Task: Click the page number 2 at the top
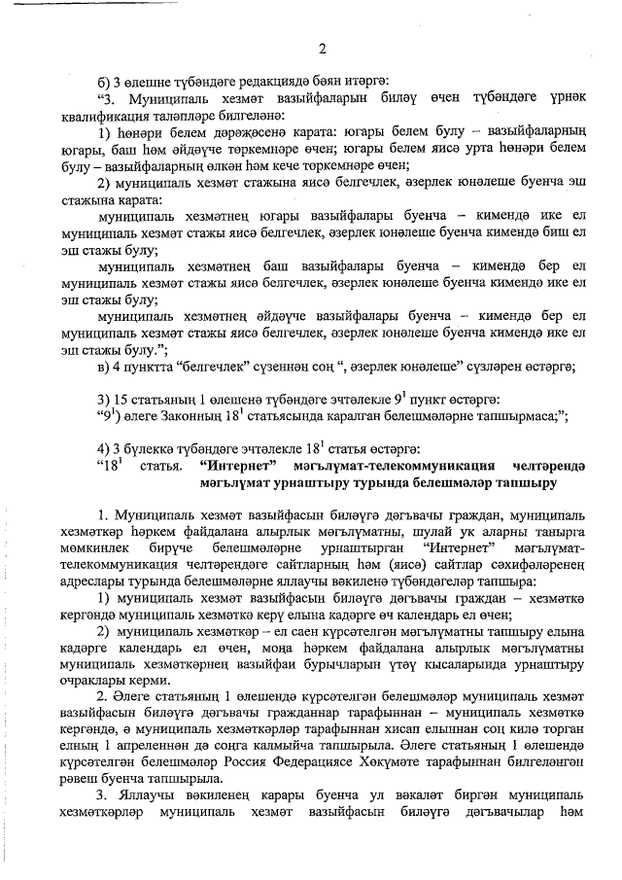point(322,50)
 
